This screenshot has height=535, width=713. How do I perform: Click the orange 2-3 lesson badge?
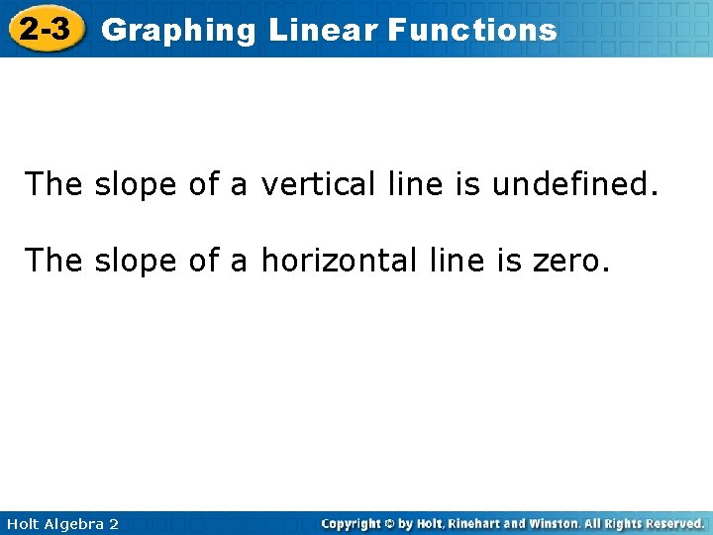pyautogui.click(x=46, y=29)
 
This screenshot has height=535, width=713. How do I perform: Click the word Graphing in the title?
pyautogui.click(x=178, y=31)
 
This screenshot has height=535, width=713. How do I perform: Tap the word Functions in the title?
pyautogui.click(x=472, y=30)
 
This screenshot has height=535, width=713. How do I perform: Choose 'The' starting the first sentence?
pyautogui.click(x=54, y=183)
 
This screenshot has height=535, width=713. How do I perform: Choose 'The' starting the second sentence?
pyautogui.click(x=54, y=261)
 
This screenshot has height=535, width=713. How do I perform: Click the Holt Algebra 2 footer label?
pyautogui.click(x=61, y=523)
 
